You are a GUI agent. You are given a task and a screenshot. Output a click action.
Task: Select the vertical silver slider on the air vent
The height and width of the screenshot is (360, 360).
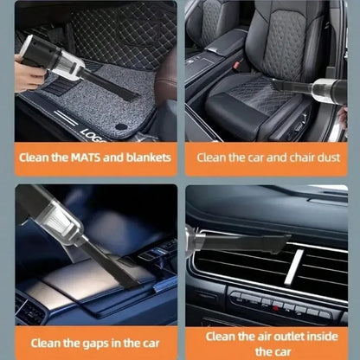(x=297, y=268)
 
